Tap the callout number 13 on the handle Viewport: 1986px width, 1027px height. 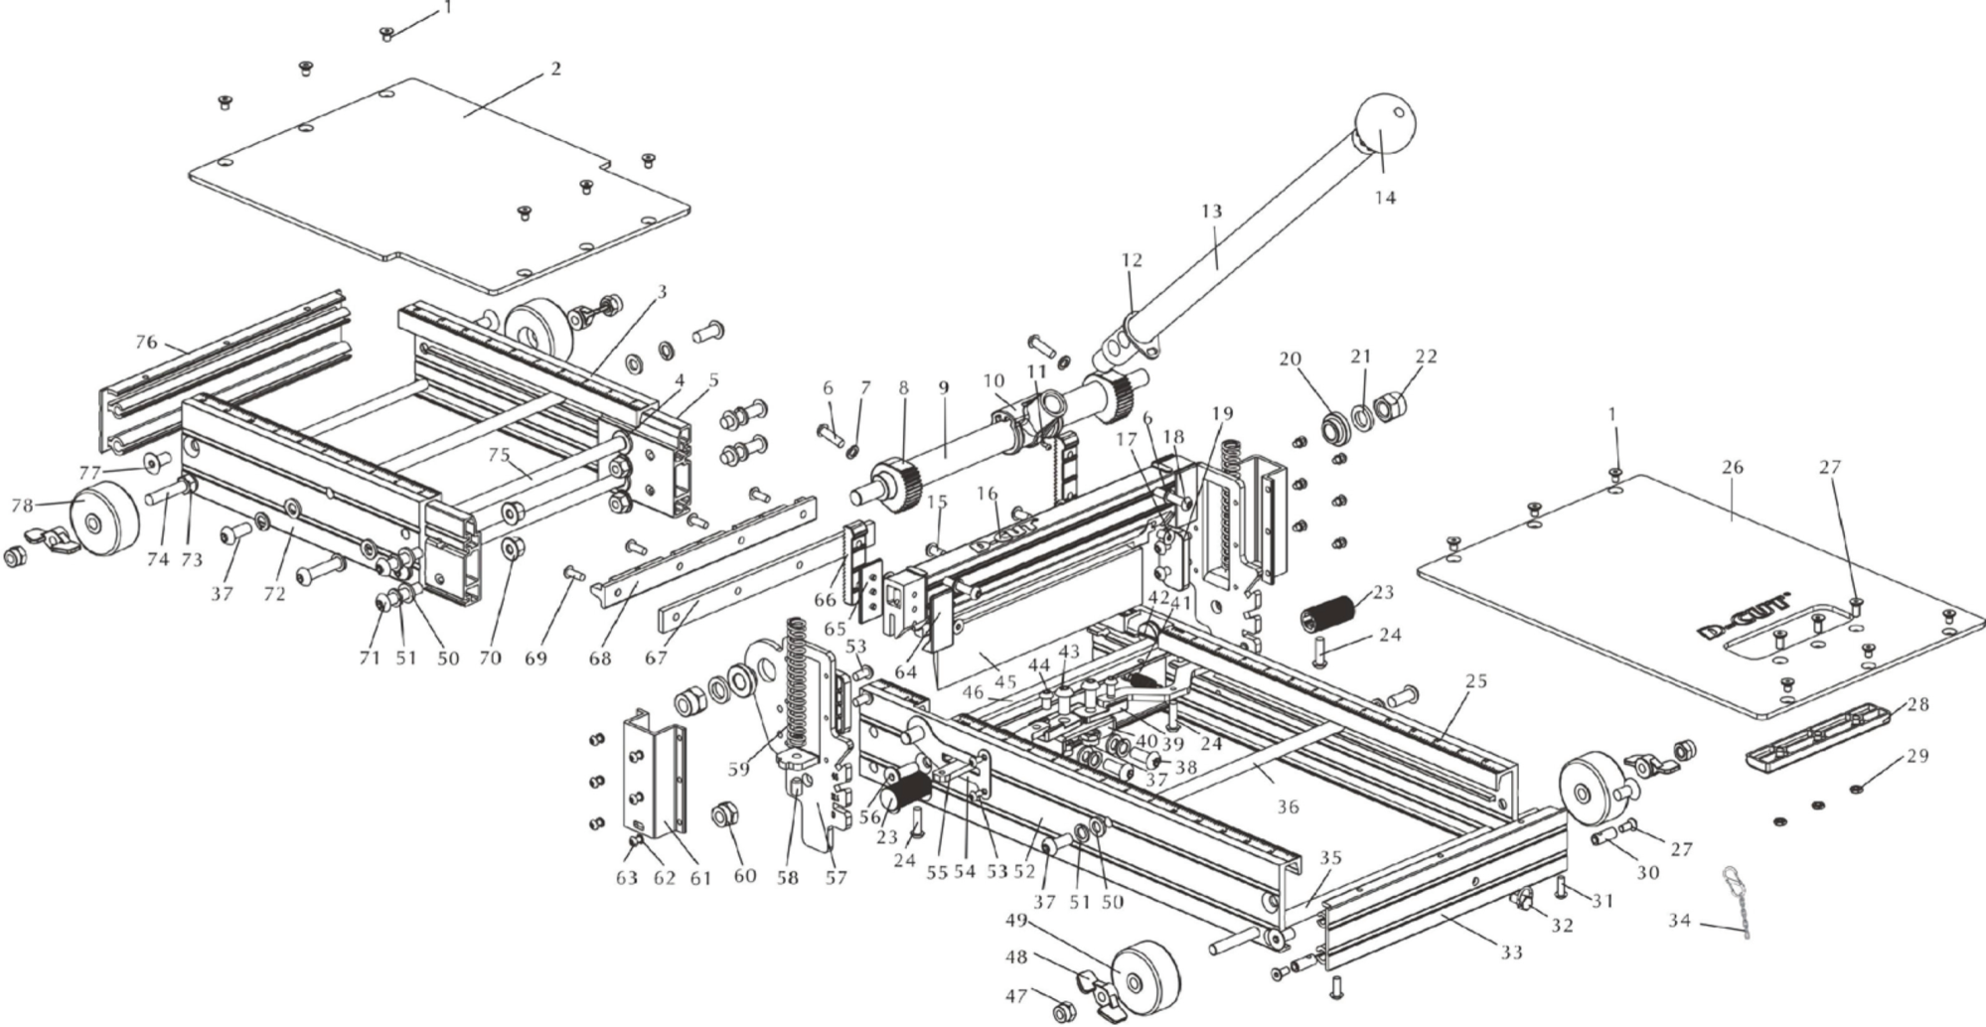1211,212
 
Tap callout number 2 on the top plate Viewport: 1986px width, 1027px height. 555,69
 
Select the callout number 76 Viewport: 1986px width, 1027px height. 146,342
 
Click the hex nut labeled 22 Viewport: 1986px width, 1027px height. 1398,407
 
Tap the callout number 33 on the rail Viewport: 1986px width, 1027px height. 1510,953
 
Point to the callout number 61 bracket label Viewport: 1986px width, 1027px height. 700,878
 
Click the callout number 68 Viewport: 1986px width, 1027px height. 600,658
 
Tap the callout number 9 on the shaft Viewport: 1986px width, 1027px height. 943,386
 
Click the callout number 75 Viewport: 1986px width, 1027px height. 498,454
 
